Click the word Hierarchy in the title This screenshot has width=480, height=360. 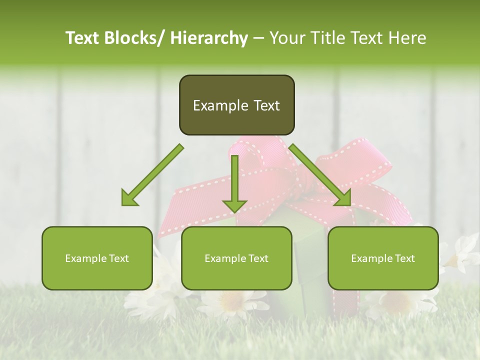209,38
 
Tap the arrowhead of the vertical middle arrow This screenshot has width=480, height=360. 234,205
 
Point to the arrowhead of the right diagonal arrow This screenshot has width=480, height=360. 343,199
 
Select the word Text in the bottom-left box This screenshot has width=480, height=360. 118,258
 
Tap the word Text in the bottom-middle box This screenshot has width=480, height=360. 258,258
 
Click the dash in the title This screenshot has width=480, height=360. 258,38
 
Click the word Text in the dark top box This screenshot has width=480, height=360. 266,105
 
